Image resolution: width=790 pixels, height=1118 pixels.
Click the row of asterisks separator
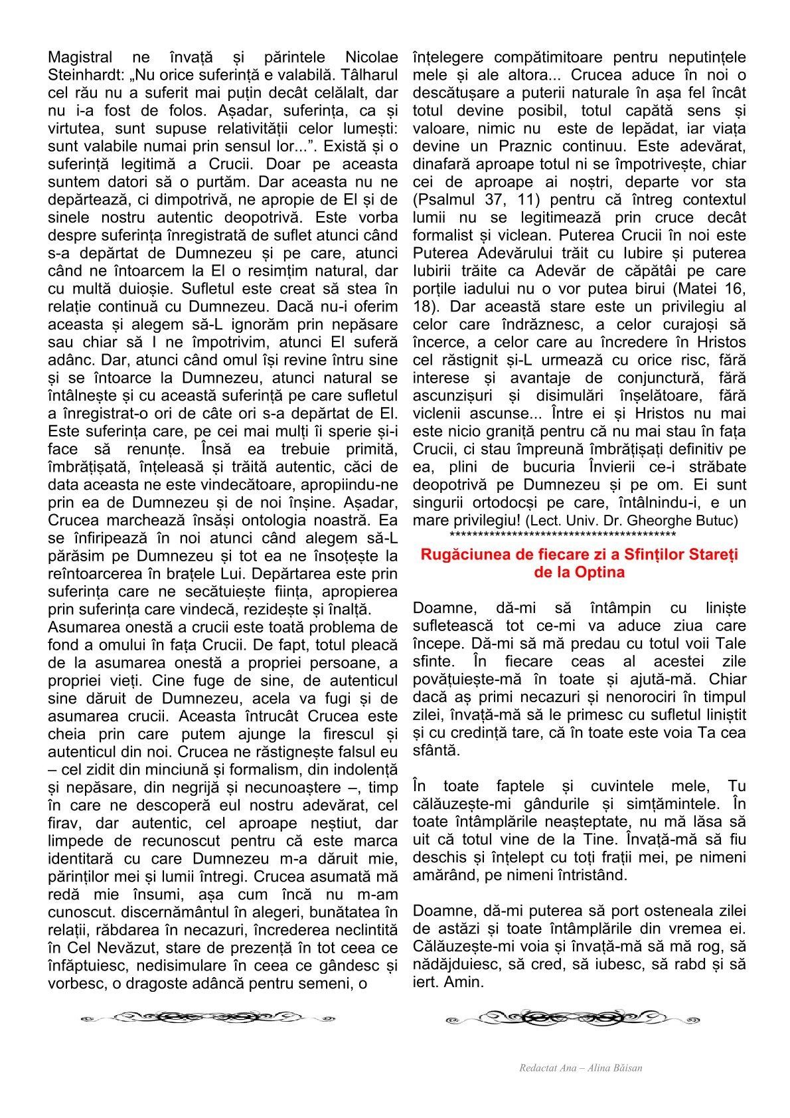tap(562, 535)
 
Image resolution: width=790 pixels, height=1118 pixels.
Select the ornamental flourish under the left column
tap(210, 1018)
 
